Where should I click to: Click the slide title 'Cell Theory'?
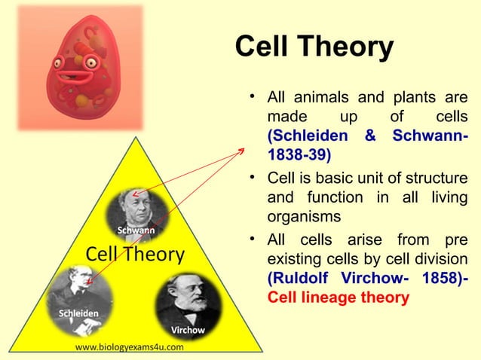[314, 47]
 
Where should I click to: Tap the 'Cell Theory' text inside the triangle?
[135, 255]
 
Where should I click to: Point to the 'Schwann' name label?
[136, 229]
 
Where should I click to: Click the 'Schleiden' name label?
[74, 313]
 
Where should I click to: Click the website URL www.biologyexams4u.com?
[129, 347]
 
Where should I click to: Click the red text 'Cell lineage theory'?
[339, 297]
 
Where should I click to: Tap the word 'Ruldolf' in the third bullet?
[296, 278]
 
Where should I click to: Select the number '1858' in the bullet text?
[433, 278]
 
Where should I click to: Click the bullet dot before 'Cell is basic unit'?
[255, 178]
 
